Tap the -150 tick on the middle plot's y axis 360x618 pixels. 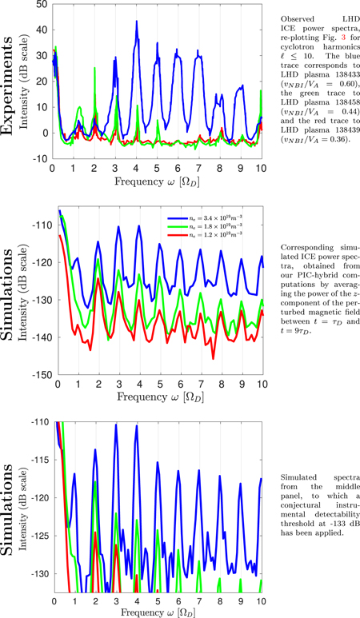[x=39, y=374]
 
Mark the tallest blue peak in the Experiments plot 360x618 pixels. [x=137, y=22]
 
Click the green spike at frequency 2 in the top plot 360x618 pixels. [x=95, y=69]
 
